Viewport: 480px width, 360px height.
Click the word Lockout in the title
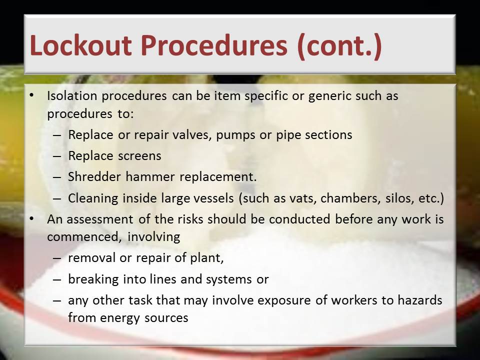(81, 45)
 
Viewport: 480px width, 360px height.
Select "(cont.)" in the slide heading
(339, 46)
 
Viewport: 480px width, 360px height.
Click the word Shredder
(94, 176)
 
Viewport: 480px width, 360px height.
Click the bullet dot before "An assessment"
(31, 219)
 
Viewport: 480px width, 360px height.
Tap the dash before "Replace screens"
(57, 156)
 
